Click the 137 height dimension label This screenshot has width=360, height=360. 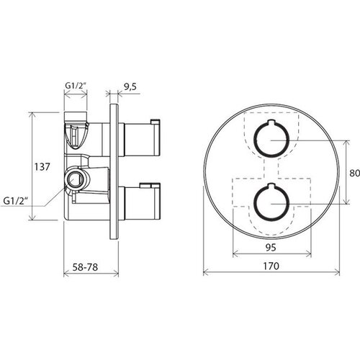point(42,167)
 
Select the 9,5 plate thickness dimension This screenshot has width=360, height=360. point(130,86)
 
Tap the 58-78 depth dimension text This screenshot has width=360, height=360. point(85,267)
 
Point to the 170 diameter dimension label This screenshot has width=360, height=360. point(271,266)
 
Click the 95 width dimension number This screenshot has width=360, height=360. point(271,247)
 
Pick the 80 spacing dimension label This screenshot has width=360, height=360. point(354,173)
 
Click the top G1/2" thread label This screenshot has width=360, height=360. point(76,86)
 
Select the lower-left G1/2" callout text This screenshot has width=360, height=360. point(14,201)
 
